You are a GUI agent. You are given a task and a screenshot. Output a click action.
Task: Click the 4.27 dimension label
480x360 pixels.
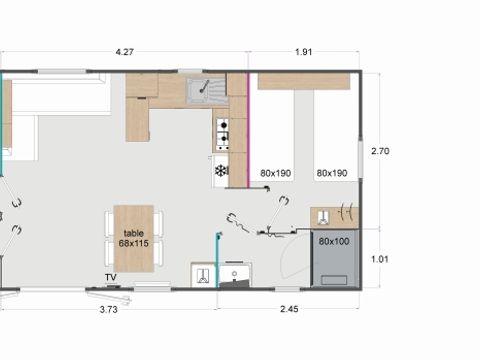pos(126,52)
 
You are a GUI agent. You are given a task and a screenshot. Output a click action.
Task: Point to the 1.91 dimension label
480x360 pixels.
pos(305,52)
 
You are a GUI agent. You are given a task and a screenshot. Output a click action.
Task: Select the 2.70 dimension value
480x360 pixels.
pos(381,151)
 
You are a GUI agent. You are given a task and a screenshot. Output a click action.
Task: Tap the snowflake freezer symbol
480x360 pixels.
pos(221,171)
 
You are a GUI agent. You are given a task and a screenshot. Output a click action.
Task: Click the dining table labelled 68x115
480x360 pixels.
pos(134,238)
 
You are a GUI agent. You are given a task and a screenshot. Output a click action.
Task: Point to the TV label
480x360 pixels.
pos(110,277)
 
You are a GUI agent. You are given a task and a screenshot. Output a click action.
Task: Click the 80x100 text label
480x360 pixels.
pos(333,242)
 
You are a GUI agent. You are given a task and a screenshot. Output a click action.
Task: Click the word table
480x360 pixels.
pos(134,232)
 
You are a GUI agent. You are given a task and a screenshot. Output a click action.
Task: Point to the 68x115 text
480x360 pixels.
pos(134,243)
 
